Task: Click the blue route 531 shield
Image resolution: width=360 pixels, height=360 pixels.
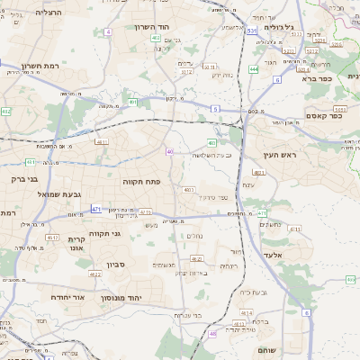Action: (x=251, y=31)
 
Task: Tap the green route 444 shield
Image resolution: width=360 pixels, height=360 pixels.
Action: (x=254, y=68)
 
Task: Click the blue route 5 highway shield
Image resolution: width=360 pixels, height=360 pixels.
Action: (x=215, y=108)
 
